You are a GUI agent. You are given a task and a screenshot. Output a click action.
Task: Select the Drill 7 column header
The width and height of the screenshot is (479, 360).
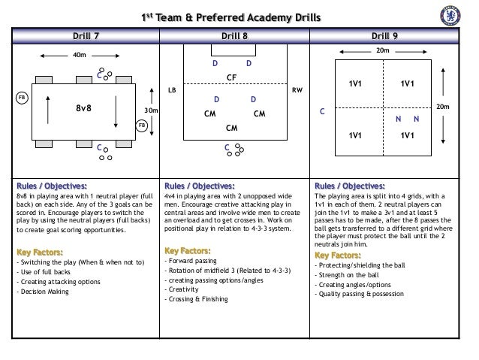(85, 35)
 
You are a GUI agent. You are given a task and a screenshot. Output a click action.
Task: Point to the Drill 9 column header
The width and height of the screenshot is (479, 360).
(390, 35)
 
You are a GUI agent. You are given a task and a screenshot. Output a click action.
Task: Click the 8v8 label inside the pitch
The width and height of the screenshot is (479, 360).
(83, 107)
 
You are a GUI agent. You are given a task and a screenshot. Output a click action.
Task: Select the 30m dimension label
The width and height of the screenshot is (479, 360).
(151, 110)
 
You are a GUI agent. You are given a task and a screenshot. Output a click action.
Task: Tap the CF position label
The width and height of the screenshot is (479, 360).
(232, 77)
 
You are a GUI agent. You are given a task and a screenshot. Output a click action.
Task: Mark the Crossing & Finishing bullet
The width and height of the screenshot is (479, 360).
(197, 300)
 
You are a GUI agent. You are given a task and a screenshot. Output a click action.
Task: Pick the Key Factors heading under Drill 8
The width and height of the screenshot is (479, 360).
(188, 250)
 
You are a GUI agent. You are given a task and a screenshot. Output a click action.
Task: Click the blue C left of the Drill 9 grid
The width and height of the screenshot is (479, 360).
(323, 111)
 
